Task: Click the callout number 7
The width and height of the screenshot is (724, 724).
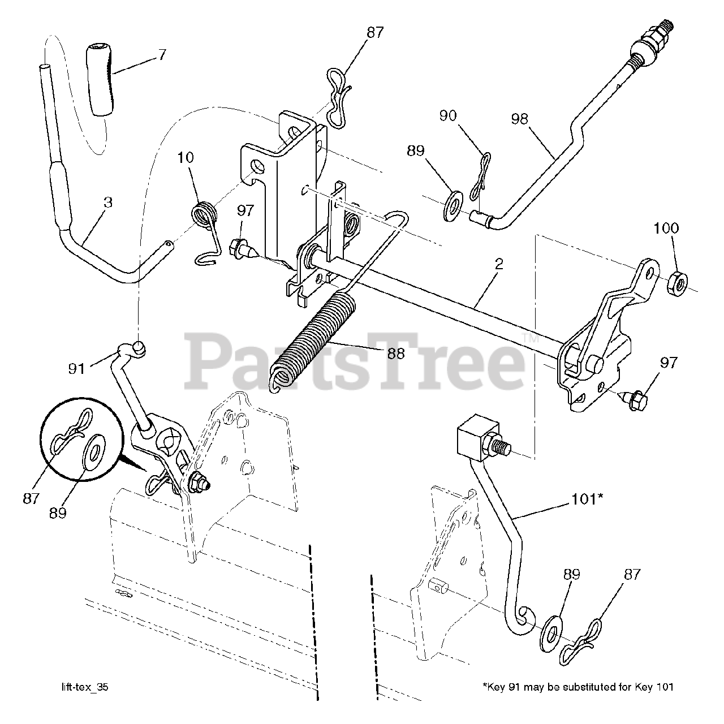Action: pyautogui.click(x=162, y=55)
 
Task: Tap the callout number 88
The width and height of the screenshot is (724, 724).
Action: pyautogui.click(x=396, y=353)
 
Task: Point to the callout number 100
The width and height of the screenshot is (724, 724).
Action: pyautogui.click(x=666, y=228)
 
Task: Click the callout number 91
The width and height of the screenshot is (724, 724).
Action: pyautogui.click(x=76, y=369)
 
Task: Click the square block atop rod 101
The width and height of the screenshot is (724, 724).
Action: pyautogui.click(x=477, y=433)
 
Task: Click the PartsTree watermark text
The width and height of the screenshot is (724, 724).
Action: pyautogui.click(x=356, y=359)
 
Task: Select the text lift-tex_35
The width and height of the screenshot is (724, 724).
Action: pyautogui.click(x=85, y=687)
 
